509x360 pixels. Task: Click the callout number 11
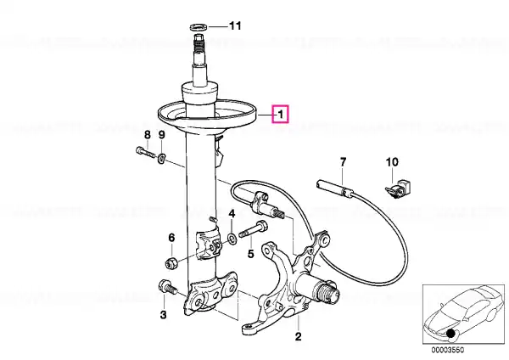[x=235, y=25]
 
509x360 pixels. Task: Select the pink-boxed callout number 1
[x=281, y=114]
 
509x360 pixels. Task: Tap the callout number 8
[x=148, y=134]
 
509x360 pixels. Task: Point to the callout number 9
[x=162, y=134]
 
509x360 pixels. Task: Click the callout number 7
[x=343, y=161]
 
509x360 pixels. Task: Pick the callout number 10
[x=392, y=161]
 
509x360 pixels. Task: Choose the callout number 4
[x=232, y=213]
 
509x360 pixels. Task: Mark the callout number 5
[x=250, y=254]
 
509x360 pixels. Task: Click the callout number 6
[x=171, y=238]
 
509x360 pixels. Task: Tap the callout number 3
[x=163, y=314]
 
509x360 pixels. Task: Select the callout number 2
[x=298, y=336]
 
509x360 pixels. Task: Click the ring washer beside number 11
[x=199, y=27]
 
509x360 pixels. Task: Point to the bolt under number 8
[x=145, y=152]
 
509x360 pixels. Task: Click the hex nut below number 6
[x=171, y=263]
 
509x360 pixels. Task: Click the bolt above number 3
[x=167, y=288]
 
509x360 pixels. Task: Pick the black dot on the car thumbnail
[x=450, y=334]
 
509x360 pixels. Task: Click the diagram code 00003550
[x=448, y=351]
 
